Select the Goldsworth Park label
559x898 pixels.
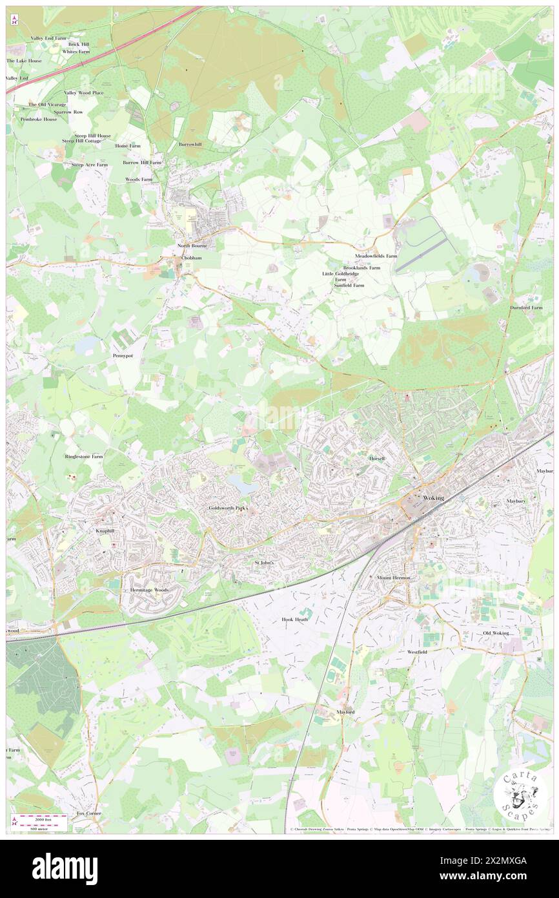coord(228,508)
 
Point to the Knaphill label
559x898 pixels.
coord(106,529)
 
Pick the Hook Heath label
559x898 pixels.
coord(295,619)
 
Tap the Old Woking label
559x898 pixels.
coord(496,632)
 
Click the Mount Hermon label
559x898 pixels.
coord(394,577)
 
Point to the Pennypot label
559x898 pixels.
coord(123,356)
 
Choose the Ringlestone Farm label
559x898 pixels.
coord(84,456)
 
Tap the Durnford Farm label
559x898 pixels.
coord(526,308)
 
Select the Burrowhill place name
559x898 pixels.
coord(190,144)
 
